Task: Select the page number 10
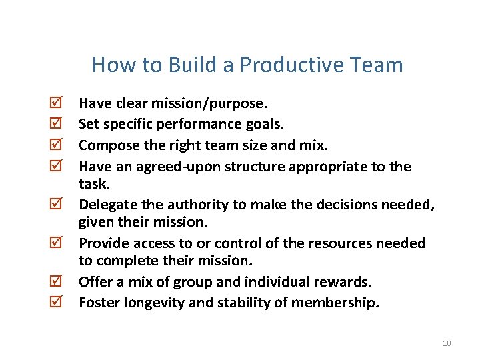(447, 343)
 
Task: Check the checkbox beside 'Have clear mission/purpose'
(57, 103)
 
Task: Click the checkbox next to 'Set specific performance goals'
(57, 124)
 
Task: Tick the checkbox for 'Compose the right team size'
(57, 145)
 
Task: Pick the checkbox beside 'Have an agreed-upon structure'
(57, 166)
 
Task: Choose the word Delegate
(106, 205)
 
